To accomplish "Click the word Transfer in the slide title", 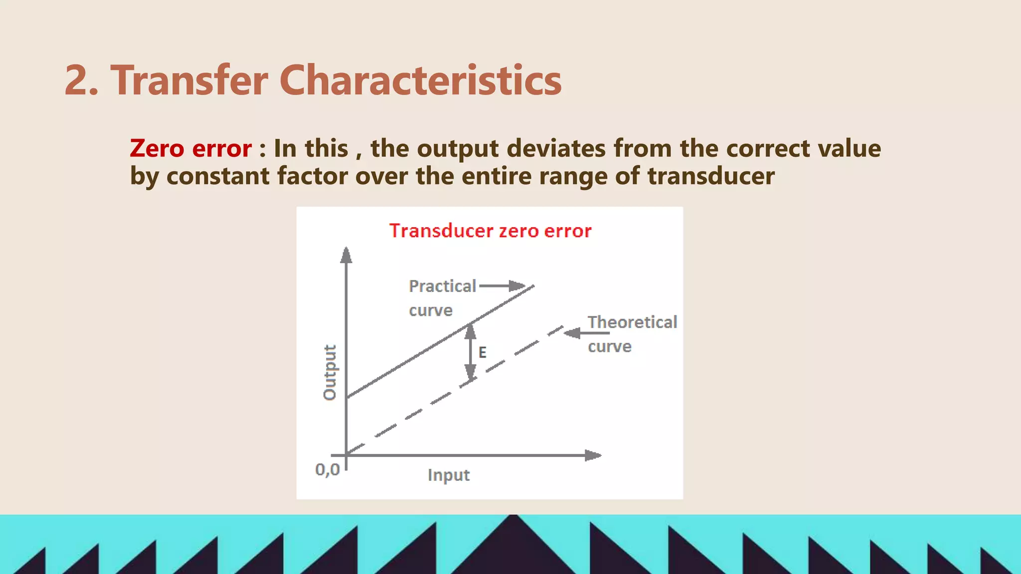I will [x=189, y=81].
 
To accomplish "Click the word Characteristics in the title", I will [x=420, y=81].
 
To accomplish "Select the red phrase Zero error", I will [x=190, y=148].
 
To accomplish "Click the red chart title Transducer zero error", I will [x=490, y=231].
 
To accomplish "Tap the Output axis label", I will [x=330, y=372].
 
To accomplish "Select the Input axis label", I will [x=448, y=475].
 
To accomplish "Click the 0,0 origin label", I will [x=327, y=469].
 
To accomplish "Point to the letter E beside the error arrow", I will [x=482, y=353].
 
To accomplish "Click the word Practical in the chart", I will [x=442, y=286].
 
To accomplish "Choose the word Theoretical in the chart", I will [x=632, y=322].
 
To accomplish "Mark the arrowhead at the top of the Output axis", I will [x=346, y=255].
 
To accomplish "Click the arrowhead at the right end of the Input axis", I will [x=593, y=455].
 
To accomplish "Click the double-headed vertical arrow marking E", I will [x=470, y=352].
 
